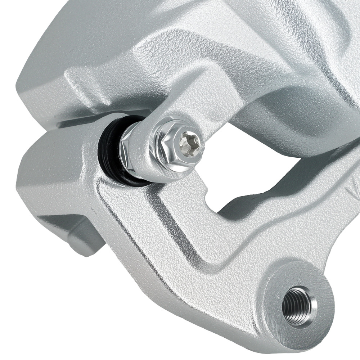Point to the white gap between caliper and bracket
click(x=252, y=169)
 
